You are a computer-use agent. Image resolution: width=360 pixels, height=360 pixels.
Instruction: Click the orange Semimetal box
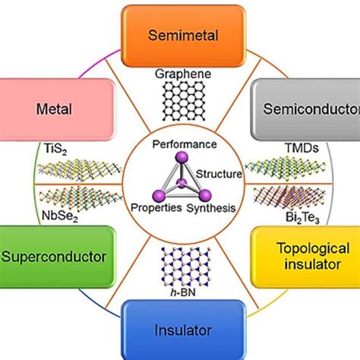180,36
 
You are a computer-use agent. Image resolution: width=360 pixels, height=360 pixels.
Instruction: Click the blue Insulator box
180,330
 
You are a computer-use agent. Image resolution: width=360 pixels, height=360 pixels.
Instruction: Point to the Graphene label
180,75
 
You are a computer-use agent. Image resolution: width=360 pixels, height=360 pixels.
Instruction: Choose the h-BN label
180,288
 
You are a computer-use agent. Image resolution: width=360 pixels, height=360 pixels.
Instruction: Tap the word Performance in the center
180,144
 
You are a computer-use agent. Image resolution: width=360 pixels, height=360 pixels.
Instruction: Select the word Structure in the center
220,174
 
